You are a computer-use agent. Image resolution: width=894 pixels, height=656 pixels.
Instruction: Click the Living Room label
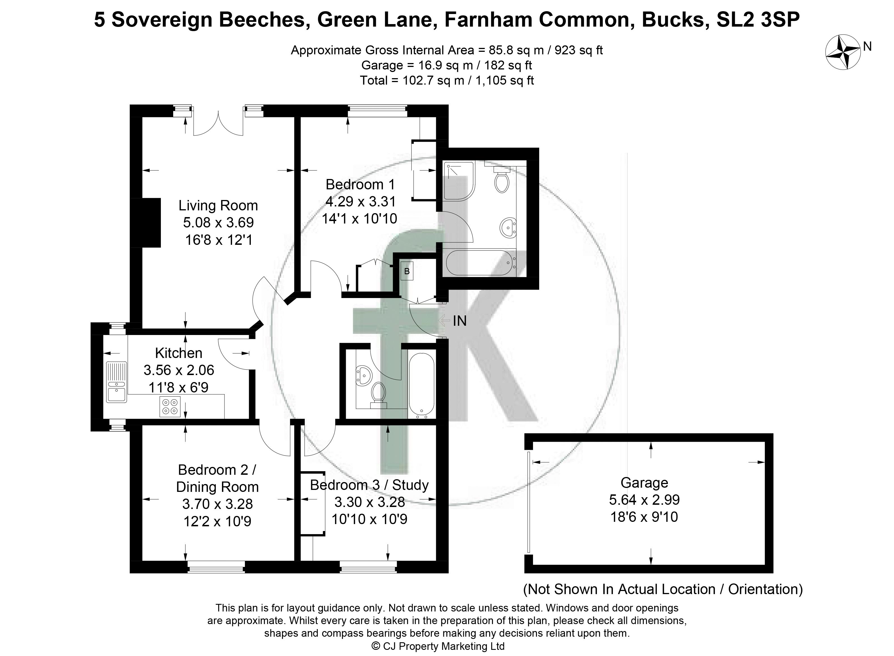(218, 205)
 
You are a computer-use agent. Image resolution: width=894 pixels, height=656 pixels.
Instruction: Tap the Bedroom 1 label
(360, 184)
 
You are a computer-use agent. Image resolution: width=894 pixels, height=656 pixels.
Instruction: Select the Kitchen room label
(179, 353)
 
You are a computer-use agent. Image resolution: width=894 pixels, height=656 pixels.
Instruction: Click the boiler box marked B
(406, 271)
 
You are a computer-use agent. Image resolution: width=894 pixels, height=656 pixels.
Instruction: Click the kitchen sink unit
(116, 381)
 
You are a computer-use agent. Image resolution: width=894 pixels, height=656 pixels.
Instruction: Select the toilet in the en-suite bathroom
(501, 181)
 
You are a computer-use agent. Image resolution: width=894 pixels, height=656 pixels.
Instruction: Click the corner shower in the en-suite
(459, 181)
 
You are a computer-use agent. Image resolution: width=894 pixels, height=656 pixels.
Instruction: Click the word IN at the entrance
(460, 320)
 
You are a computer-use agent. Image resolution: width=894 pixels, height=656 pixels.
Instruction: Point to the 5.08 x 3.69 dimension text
(218, 222)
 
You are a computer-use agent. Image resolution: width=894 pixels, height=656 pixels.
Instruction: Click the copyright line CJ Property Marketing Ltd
(438, 646)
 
